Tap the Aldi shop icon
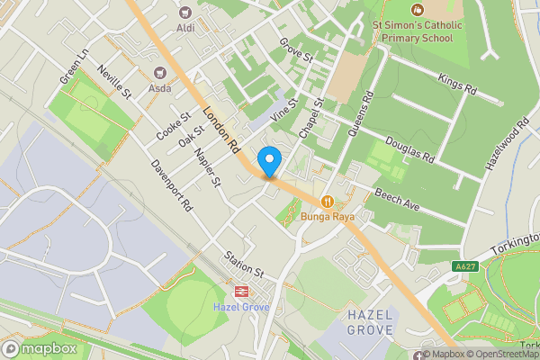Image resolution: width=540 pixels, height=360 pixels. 186,13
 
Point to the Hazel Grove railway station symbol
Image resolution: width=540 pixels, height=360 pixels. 241,291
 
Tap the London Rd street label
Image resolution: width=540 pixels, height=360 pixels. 220,130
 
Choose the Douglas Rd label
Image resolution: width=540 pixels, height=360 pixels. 409,149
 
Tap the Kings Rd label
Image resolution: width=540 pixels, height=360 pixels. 456,85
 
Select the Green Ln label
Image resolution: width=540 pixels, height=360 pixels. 73,67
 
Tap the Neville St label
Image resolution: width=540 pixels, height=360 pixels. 115,82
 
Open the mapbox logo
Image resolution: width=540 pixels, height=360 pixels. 38,348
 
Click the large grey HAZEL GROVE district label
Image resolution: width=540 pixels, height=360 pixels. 370,322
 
